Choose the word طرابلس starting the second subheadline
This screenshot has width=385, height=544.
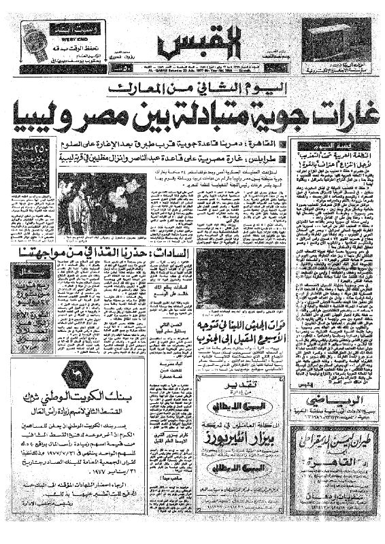pos(276,157)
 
